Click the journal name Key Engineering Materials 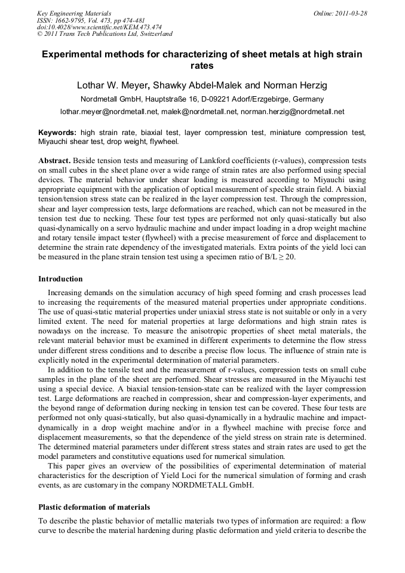(x=73, y=13)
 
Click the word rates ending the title (x=202, y=66)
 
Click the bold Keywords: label (x=57, y=132)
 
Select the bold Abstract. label (x=56, y=161)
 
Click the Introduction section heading (x=60, y=279)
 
